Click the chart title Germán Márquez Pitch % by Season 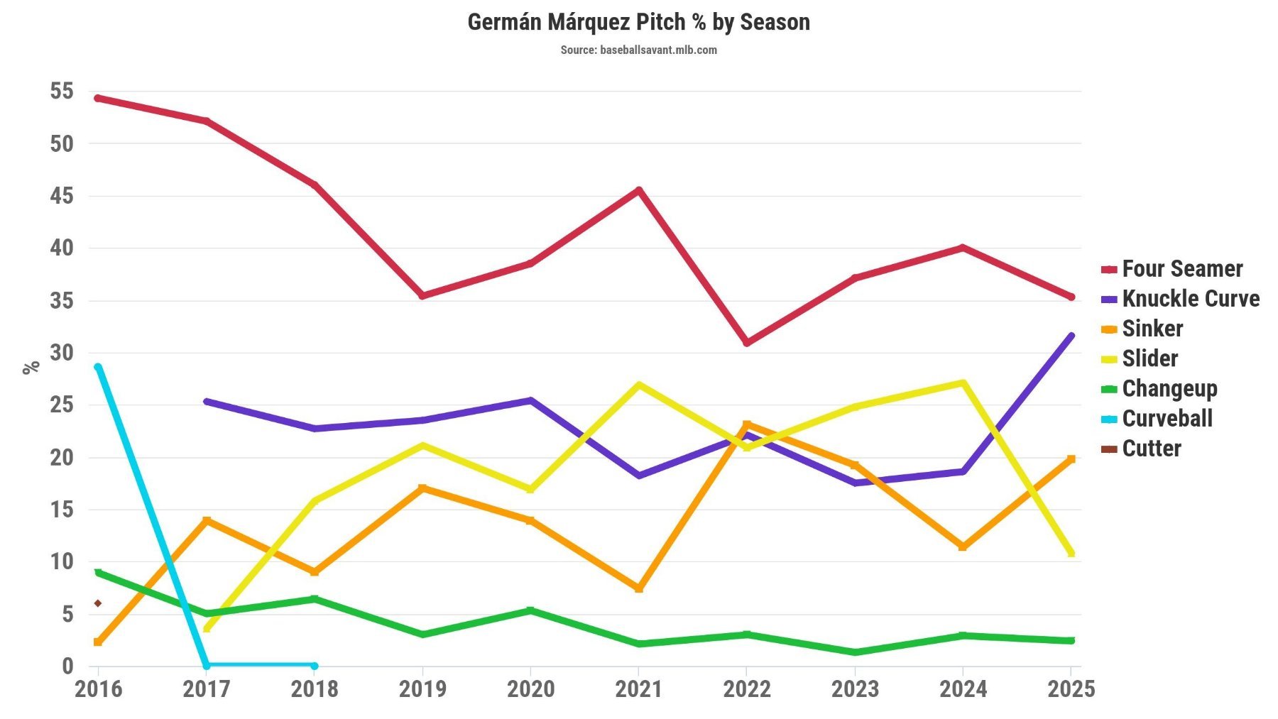(x=638, y=22)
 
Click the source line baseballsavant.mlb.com (x=638, y=50)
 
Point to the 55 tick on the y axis (x=62, y=91)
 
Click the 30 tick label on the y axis (x=62, y=353)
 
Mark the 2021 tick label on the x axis (x=638, y=688)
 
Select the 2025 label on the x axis (x=1071, y=688)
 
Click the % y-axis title (x=31, y=367)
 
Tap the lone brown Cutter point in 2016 (x=98, y=603)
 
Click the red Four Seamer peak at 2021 (x=639, y=190)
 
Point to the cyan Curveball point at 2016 (x=98, y=367)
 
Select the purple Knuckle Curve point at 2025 (x=1071, y=336)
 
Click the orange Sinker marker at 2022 (x=747, y=424)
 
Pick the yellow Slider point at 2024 (x=963, y=383)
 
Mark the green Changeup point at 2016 (x=98, y=572)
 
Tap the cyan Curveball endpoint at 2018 (x=315, y=666)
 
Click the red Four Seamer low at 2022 (x=747, y=343)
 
